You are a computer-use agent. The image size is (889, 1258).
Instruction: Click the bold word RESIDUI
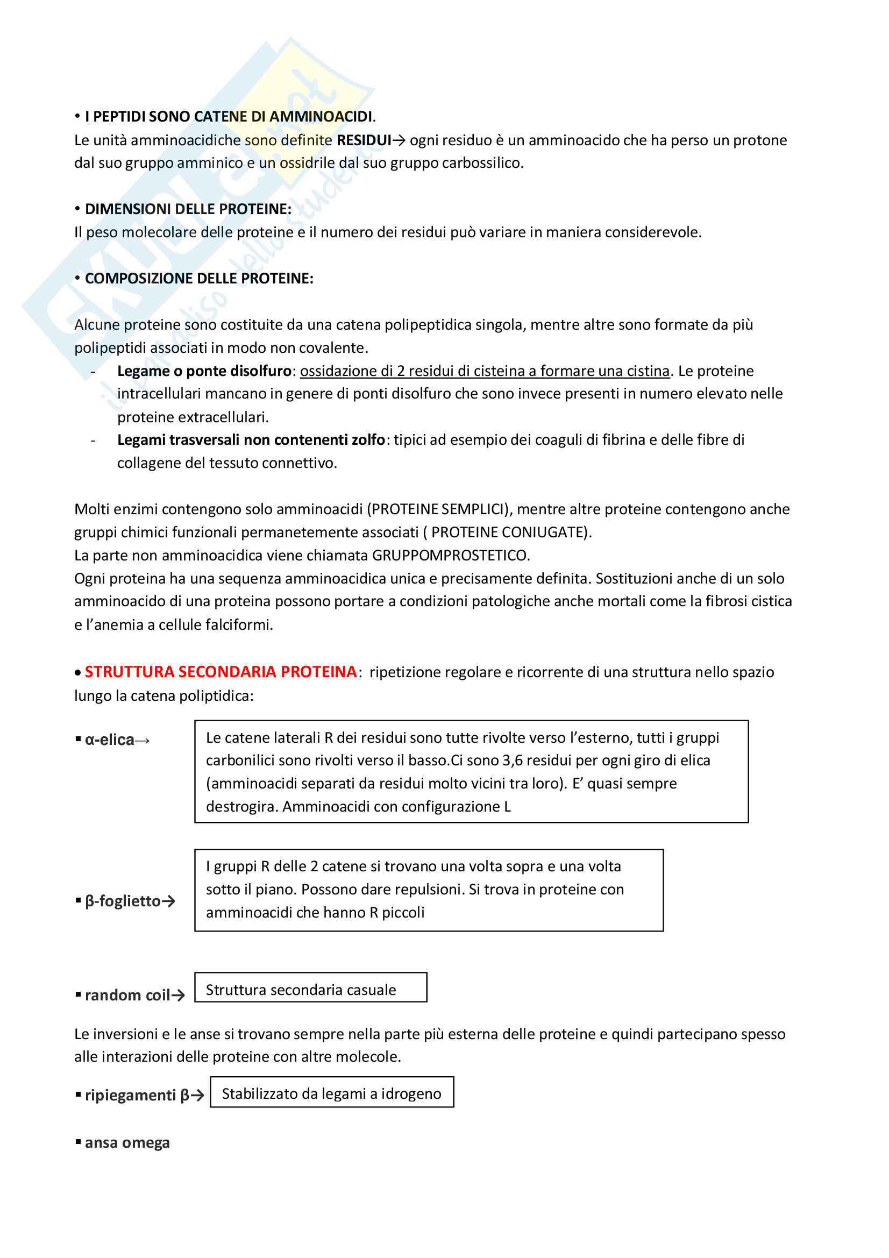pyautogui.click(x=364, y=140)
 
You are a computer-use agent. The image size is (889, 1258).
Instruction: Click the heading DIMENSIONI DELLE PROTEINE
pyautogui.click(x=187, y=209)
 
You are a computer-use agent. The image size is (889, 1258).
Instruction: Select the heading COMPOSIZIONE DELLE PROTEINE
pyautogui.click(x=199, y=279)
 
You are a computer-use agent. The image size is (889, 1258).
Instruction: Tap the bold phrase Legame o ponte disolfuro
pyautogui.click(x=204, y=371)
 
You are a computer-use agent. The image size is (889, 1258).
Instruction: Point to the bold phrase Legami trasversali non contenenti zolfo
pyautogui.click(x=251, y=440)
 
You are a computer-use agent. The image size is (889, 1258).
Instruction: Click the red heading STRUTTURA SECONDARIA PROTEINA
pyautogui.click(x=220, y=672)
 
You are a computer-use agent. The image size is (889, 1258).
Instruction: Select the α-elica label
pyautogui.click(x=110, y=740)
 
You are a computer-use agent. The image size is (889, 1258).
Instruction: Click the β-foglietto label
pyautogui.click(x=123, y=901)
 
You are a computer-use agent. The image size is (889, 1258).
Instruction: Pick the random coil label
pyautogui.click(x=127, y=995)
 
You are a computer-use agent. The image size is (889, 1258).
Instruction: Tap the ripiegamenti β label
pyautogui.click(x=137, y=1095)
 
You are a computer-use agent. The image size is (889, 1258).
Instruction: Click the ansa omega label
pyautogui.click(x=127, y=1143)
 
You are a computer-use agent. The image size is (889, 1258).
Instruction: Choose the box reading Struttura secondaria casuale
pyautogui.click(x=310, y=990)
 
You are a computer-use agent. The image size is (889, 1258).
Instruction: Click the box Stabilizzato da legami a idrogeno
pyautogui.click(x=331, y=1094)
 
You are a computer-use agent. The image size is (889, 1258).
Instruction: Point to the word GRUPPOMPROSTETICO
pyautogui.click(x=450, y=556)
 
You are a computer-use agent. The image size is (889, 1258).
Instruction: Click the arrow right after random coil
pyautogui.click(x=178, y=996)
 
